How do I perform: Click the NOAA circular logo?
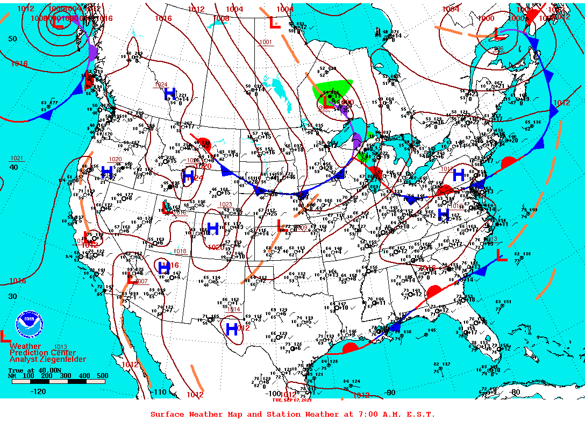(x=28, y=322)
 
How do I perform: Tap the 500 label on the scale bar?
(x=102, y=376)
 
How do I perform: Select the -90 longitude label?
(x=390, y=393)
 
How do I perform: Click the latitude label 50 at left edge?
(x=12, y=39)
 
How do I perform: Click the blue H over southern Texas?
(x=232, y=329)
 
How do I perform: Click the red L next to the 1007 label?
(x=131, y=279)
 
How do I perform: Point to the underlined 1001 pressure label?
(x=266, y=42)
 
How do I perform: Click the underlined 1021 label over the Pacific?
(x=17, y=158)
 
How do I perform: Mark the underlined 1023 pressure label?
(x=225, y=204)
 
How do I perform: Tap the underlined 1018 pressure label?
(x=180, y=251)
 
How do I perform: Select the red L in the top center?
(x=274, y=23)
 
